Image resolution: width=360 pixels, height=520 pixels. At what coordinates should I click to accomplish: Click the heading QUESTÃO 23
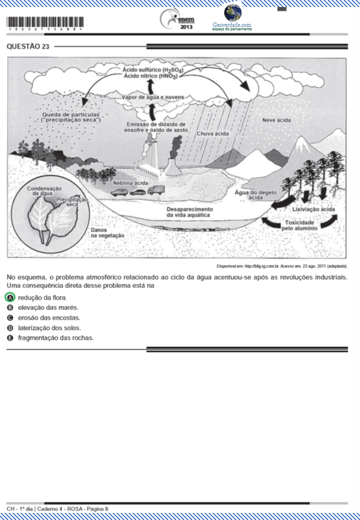click(x=28, y=46)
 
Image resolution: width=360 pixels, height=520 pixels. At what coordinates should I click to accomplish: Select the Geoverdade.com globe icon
click(x=232, y=12)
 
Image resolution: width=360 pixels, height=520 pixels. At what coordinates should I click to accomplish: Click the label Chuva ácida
click(x=212, y=133)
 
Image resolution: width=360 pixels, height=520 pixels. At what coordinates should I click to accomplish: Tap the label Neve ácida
click(x=276, y=120)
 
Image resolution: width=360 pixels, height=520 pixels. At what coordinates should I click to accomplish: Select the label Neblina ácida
click(x=130, y=183)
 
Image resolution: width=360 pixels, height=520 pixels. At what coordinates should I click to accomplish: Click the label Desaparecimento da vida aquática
click(x=189, y=212)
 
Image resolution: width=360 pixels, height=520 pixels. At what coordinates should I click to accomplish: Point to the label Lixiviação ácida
click(x=313, y=209)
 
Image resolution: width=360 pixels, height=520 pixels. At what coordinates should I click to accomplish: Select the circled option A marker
click(x=10, y=297)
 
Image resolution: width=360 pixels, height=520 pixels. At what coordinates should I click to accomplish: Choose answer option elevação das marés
click(x=48, y=307)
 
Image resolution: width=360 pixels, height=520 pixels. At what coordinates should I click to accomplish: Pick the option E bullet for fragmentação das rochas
click(x=10, y=337)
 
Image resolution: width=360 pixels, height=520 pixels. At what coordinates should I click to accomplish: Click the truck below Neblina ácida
click(x=156, y=190)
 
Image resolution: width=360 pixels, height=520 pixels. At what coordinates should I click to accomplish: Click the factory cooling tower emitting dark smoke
click(x=172, y=165)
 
